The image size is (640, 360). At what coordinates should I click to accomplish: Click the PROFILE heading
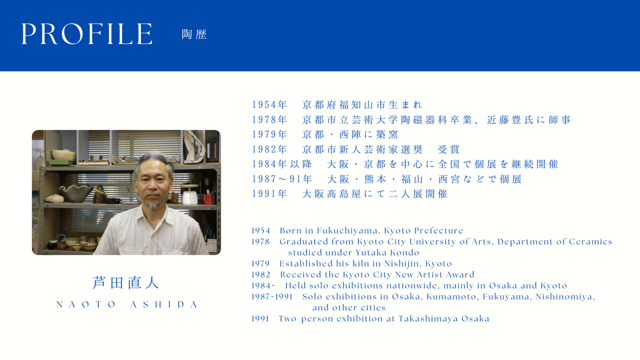coord(87,34)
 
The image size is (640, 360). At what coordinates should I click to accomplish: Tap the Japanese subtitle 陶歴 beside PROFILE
coord(194,34)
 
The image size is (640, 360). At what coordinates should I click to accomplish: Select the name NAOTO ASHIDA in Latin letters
coord(127,305)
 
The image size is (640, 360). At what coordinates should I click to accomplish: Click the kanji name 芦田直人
coord(126,283)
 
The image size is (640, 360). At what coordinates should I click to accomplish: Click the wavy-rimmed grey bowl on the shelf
coord(76,193)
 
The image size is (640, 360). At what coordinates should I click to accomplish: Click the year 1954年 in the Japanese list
coord(269,105)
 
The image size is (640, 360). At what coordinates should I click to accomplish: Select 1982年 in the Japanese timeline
coord(269,149)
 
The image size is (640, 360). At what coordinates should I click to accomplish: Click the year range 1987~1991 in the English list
coord(272,297)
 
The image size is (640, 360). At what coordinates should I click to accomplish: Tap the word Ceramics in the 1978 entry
coord(590,242)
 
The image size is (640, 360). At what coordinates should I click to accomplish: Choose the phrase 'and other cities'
coord(349,308)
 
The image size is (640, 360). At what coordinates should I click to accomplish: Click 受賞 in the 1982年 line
coord(449,149)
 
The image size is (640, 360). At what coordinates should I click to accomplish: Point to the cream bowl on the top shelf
coord(63,155)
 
